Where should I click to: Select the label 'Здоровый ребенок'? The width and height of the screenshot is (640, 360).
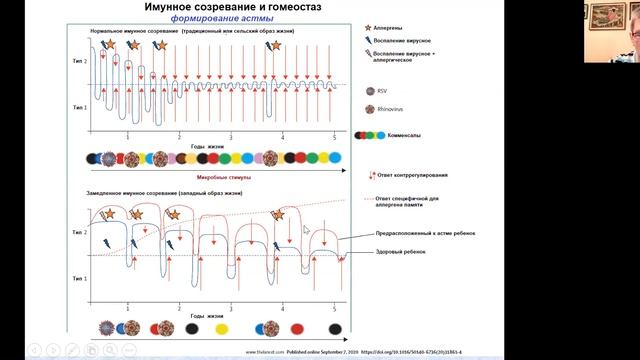[400, 251]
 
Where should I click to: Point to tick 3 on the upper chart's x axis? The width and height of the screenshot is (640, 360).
[230, 137]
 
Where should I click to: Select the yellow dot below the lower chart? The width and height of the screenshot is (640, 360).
[219, 328]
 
